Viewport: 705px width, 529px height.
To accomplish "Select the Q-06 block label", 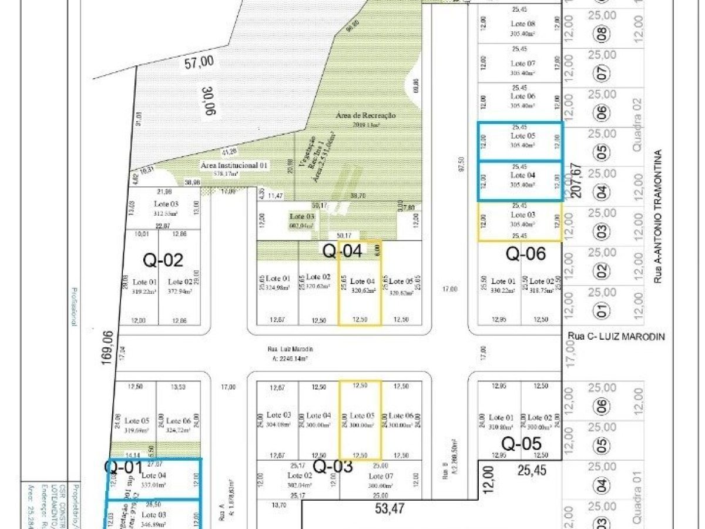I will pos(526,254).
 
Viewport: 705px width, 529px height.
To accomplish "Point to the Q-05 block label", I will pos(521,444).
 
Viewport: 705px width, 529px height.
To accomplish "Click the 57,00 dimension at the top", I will pos(200,61).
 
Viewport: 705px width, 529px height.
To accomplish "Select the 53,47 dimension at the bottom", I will pos(389,509).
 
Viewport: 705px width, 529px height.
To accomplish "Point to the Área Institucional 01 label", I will pos(234,166).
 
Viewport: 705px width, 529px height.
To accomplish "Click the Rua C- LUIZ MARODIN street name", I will pos(616,336).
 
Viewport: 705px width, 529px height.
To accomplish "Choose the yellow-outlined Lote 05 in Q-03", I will pos(360,420).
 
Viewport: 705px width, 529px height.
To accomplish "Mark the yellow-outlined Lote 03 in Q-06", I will pos(520,222).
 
